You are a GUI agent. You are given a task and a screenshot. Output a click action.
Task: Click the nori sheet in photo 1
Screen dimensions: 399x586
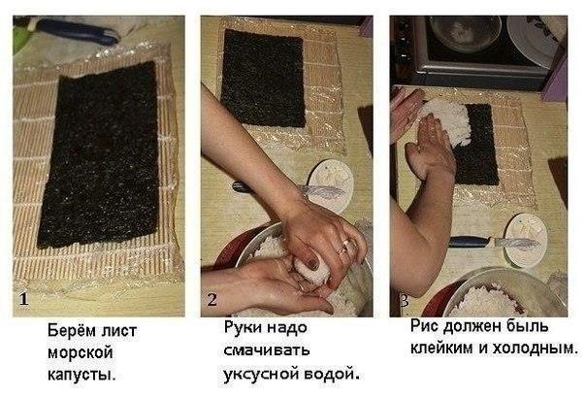tap(97, 155)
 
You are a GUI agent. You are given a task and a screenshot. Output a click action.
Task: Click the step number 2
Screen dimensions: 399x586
tap(212, 300)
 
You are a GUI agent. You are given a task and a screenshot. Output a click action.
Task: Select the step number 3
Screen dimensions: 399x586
tap(402, 300)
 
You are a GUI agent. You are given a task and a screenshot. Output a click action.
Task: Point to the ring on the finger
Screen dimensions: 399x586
tap(342, 249)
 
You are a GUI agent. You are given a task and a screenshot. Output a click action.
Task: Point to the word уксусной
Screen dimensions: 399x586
tap(260, 372)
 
